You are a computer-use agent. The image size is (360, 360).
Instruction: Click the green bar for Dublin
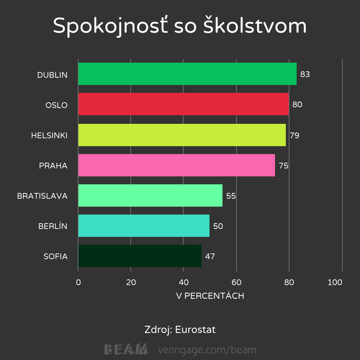point(187,74)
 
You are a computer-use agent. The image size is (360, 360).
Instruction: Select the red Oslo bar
point(183,104)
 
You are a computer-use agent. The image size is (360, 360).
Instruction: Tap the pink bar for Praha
point(176,165)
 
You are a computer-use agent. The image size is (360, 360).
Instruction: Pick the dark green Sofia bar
point(140,256)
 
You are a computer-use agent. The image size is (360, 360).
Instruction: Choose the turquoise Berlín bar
point(144,226)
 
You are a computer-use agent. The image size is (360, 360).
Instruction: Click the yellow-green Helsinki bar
point(182,135)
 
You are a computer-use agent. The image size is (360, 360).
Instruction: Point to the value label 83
point(305,75)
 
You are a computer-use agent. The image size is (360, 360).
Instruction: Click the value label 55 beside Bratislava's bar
point(231,196)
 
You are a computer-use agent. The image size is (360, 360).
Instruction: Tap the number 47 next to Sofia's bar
point(210,257)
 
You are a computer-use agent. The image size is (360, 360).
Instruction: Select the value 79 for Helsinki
point(294,136)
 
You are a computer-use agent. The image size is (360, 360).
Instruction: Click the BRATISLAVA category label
point(42,196)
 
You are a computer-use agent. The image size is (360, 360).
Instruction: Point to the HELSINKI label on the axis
point(49,136)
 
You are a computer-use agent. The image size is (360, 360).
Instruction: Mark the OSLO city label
point(57,105)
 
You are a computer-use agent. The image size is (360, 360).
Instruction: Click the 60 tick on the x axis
point(236,283)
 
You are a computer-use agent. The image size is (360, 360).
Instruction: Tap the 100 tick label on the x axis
point(335,283)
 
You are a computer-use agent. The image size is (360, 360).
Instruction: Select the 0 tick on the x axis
point(78,283)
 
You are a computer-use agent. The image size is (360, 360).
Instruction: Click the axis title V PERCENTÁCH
point(210,296)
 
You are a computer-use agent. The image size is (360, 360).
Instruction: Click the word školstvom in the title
point(255,26)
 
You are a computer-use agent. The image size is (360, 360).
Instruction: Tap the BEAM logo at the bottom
point(126,349)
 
